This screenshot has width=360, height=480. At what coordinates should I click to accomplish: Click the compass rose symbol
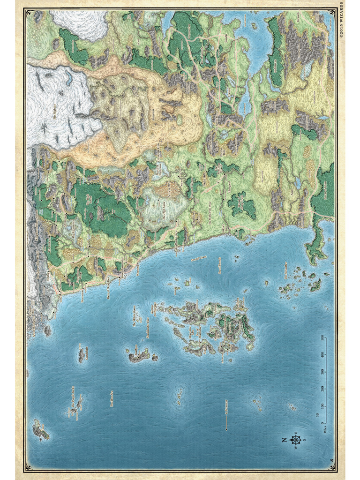click(x=295, y=439)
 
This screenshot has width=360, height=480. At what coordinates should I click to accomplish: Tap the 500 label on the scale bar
click(x=322, y=337)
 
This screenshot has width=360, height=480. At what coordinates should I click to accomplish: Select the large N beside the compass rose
click(x=285, y=440)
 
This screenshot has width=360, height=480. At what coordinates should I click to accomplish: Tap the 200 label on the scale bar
click(x=322, y=389)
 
